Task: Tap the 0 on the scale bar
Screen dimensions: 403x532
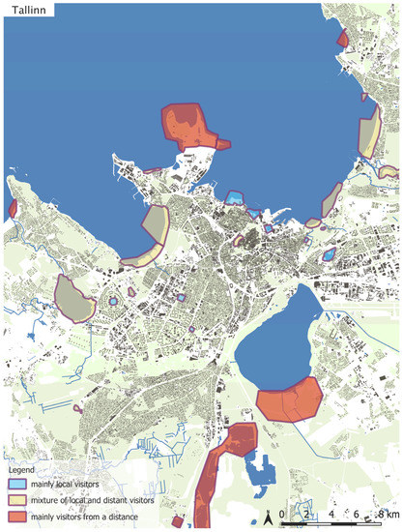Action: pos(282,513)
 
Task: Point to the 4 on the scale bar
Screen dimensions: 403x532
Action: pos(331,513)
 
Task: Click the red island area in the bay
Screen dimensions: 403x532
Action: pos(190,124)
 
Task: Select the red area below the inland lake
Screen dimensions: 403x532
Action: pos(289,398)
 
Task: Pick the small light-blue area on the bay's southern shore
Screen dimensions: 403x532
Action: pos(234,197)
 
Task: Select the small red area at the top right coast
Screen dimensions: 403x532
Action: pos(342,39)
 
